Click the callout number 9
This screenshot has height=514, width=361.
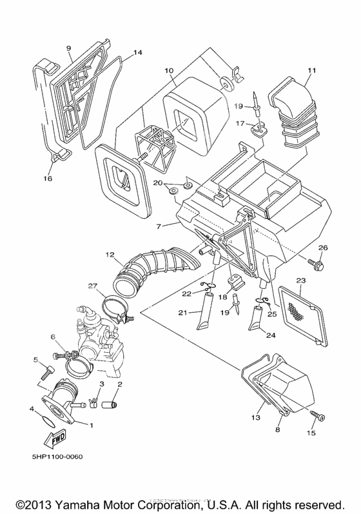click(x=68, y=48)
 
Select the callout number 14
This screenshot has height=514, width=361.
click(x=137, y=53)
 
